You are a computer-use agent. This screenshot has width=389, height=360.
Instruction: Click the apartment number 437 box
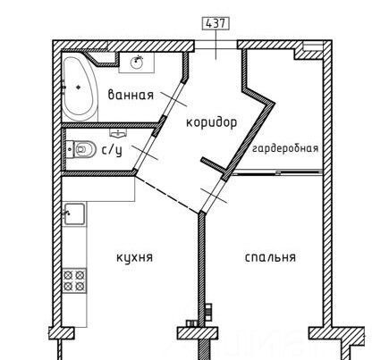tap(216, 23)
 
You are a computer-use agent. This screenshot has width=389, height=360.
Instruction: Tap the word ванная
tap(131, 95)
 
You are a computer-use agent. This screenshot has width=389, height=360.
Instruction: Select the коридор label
tap(212, 122)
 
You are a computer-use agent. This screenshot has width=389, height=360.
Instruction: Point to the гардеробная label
tap(285, 148)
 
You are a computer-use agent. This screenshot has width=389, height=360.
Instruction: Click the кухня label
tap(134, 257)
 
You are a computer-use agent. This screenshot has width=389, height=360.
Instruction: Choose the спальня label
tap(270, 257)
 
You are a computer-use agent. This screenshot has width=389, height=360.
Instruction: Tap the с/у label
tap(113, 151)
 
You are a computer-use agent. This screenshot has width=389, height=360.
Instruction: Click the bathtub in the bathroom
tap(80, 88)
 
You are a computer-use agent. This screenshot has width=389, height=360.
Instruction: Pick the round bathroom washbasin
tap(137, 63)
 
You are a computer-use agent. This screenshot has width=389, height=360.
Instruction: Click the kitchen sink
tap(74, 214)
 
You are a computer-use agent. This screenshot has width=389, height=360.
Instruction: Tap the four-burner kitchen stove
tap(74, 280)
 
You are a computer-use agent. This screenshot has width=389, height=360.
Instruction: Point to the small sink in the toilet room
tap(119, 133)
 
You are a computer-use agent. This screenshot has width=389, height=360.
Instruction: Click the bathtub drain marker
tap(79, 87)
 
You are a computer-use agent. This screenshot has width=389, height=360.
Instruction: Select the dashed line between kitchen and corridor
tap(167, 194)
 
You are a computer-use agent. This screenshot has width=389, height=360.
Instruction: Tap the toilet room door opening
tap(144, 153)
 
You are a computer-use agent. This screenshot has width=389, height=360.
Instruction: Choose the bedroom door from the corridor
tap(212, 196)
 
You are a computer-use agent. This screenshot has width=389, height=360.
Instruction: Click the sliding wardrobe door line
tap(277, 172)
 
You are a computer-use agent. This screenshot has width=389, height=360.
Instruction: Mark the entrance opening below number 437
tap(216, 45)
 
